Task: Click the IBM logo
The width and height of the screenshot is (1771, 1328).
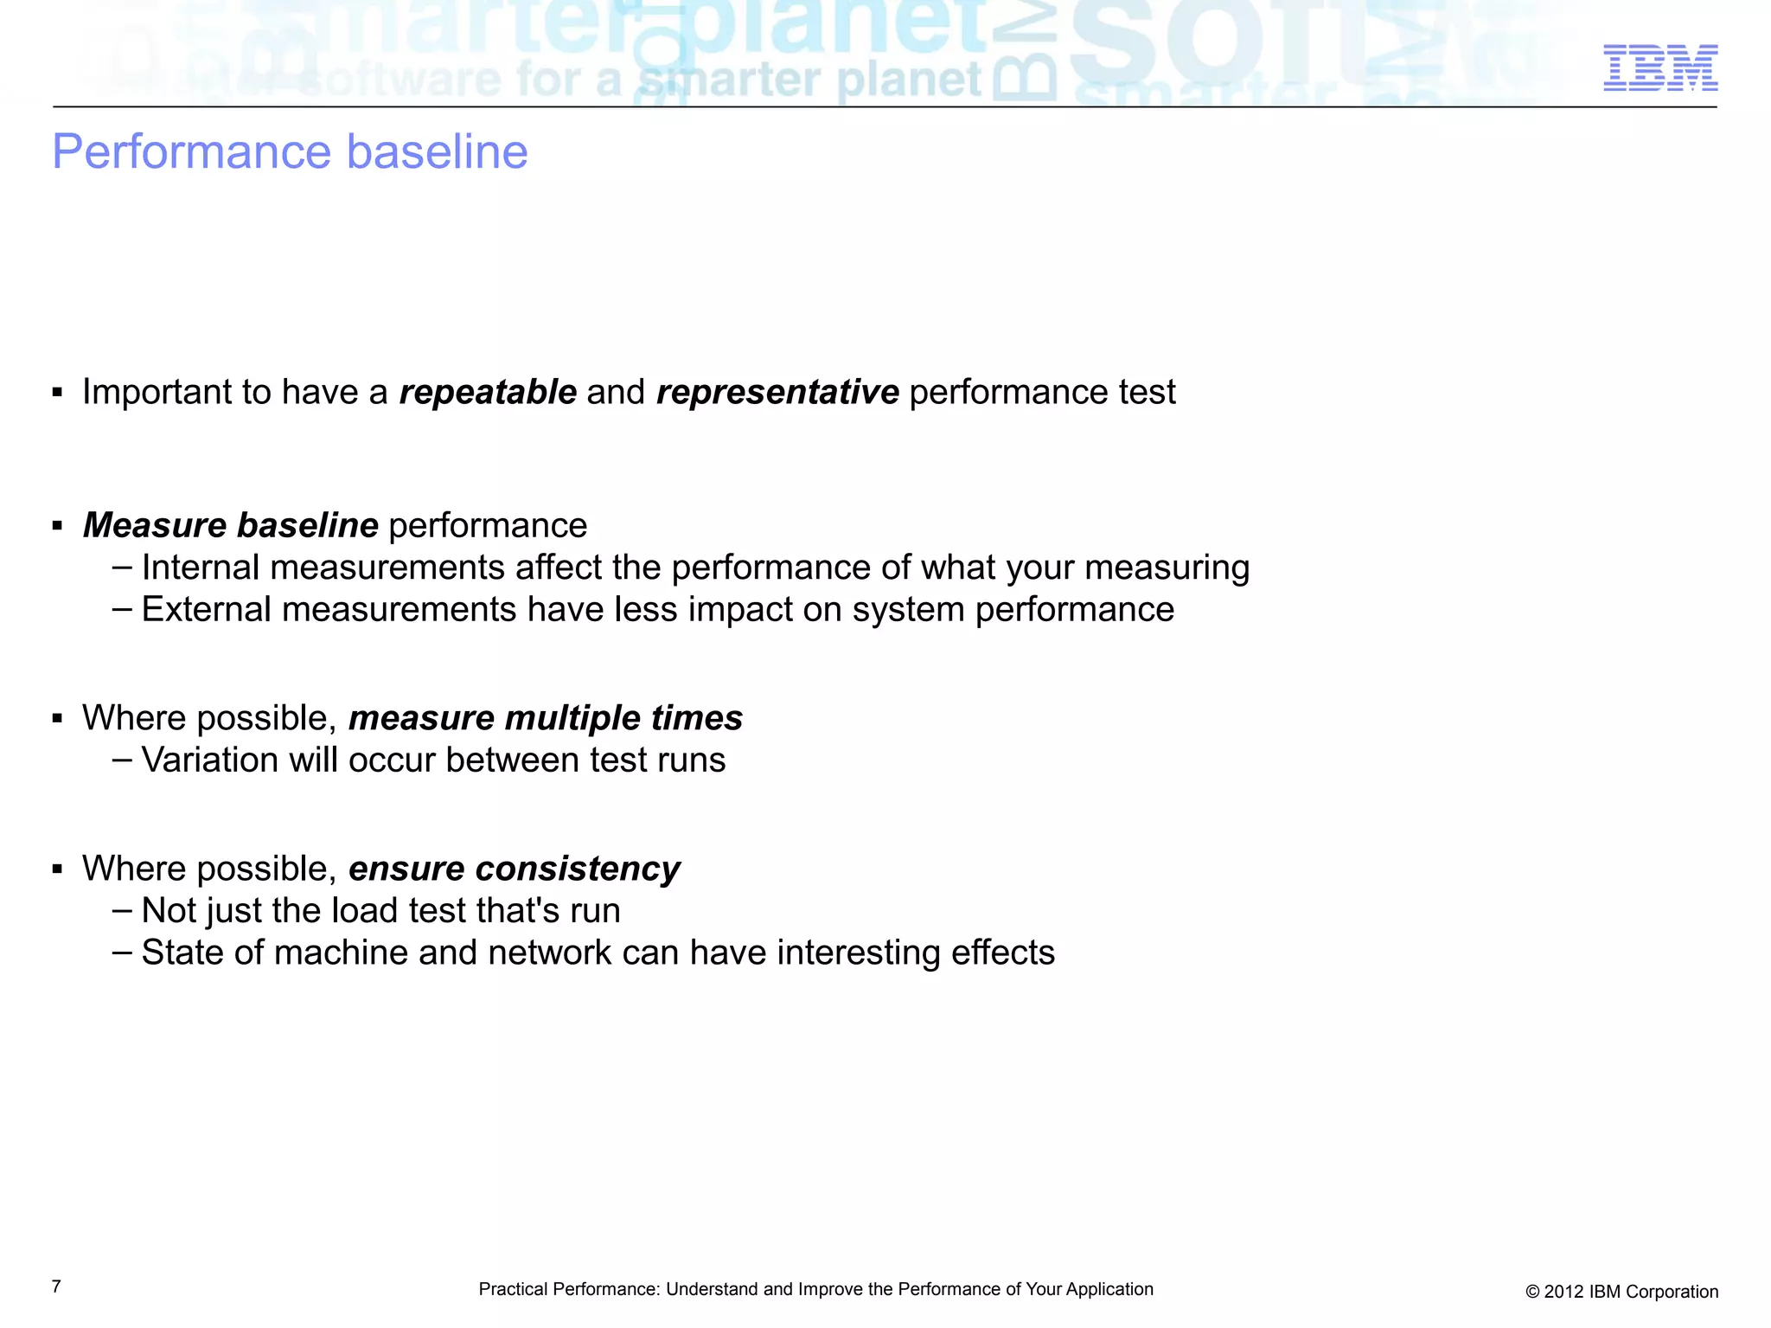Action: click(x=1659, y=67)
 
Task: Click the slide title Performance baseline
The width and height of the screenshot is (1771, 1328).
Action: click(x=290, y=151)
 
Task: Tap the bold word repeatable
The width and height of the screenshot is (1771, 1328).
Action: click(x=488, y=392)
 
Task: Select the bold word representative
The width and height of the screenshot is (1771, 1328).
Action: click(x=777, y=392)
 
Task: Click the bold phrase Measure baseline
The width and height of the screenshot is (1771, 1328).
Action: click(x=231, y=525)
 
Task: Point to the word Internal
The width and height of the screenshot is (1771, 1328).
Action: click(x=200, y=568)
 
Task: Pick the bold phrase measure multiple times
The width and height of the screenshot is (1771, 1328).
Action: click(x=546, y=718)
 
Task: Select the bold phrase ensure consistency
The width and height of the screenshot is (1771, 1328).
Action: click(x=514, y=869)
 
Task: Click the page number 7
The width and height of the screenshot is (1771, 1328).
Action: click(x=56, y=1286)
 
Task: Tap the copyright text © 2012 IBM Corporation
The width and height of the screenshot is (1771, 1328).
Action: click(x=1621, y=1292)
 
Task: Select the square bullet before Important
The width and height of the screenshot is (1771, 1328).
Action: click(x=58, y=393)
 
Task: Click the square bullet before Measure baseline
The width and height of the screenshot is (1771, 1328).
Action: click(x=58, y=526)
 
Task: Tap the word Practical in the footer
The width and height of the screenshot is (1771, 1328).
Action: click(x=512, y=1289)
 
